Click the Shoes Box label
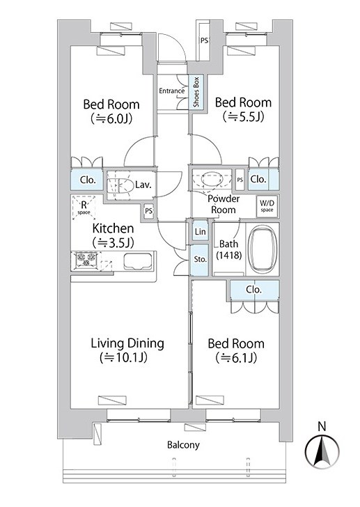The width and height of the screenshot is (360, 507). coord(196,93)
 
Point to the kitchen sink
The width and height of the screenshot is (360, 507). coord(137,261)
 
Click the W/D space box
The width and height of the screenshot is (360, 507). coord(267,206)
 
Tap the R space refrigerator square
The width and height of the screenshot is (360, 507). coord(84,208)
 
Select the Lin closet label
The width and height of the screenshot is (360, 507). coord(201,231)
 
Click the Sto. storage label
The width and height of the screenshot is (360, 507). coord(200,259)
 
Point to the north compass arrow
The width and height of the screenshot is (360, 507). coord(322,451)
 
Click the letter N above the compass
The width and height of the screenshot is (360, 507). coord(322,427)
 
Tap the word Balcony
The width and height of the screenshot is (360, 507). coord(183,445)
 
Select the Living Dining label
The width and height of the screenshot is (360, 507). coord(127,343)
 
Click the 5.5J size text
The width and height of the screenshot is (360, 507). coord(244,117)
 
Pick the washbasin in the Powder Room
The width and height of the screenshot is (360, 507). coord(212,179)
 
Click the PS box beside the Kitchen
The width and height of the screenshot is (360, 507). coord(148,211)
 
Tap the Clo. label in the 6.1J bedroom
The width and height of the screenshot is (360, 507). coord(253,290)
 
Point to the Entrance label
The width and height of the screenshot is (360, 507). coord(171,91)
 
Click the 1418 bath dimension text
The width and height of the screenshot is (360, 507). coord(229,256)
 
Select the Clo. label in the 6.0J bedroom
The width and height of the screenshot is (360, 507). coord(87,180)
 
